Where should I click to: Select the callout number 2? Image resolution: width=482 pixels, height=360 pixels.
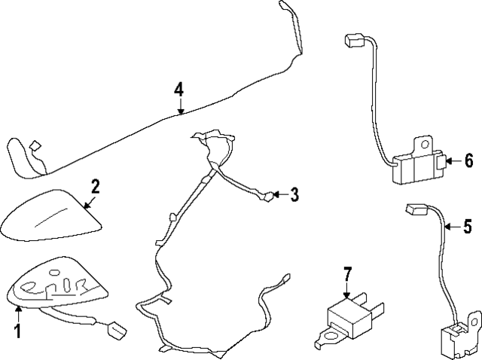[x=96, y=185]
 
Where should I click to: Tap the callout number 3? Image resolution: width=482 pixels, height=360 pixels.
[x=294, y=195]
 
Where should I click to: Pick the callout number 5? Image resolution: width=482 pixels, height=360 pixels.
[x=467, y=225]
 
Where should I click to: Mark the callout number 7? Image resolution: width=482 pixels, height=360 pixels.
[x=348, y=274]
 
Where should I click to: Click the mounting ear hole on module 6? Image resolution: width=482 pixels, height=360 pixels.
[x=424, y=142]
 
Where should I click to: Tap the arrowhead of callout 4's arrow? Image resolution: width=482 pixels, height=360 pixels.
[x=180, y=113]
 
